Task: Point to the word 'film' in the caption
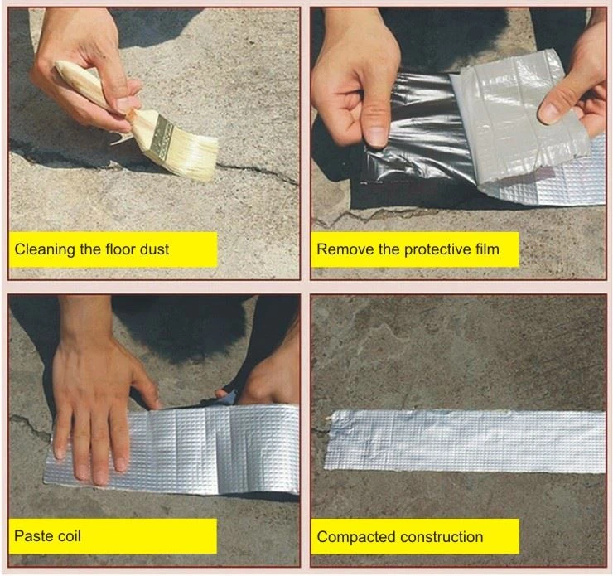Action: point(488,249)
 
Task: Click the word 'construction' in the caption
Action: point(442,537)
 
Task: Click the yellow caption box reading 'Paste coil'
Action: point(113,536)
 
